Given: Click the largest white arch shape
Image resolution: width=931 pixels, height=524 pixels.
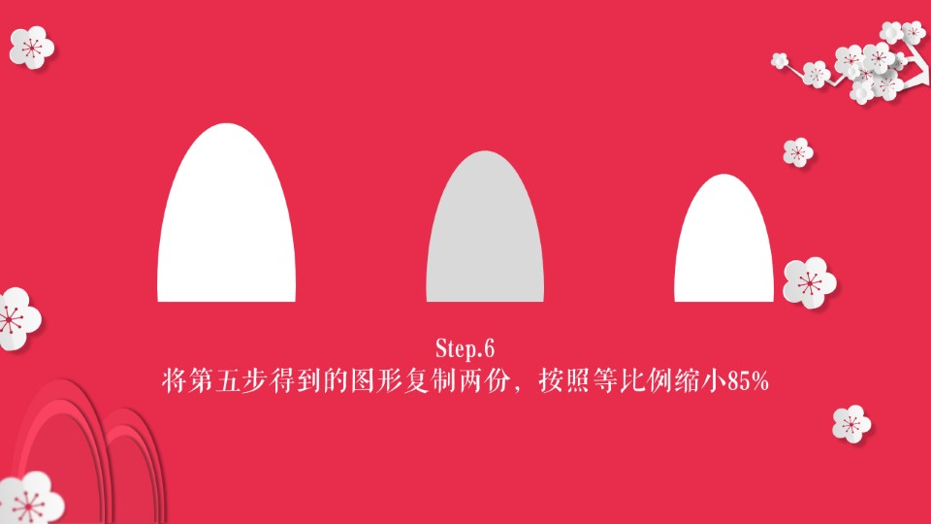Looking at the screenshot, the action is coord(226,213).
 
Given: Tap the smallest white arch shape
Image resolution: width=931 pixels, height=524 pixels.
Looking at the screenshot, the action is coord(723,239).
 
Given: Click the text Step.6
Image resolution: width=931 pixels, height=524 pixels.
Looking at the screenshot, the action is coord(465,348).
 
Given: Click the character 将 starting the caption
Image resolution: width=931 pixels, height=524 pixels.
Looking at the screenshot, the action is coord(175,380).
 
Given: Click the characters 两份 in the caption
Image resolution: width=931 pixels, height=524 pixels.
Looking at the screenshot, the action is coord(483,380).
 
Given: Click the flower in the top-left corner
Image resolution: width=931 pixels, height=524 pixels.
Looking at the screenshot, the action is coord(31,47).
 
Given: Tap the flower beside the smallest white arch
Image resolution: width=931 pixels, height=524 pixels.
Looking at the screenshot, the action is coord(809,282).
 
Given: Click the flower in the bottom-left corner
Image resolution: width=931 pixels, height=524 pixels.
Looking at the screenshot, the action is coord(30,499).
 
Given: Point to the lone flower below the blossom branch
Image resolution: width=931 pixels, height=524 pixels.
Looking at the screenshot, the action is coord(798,152).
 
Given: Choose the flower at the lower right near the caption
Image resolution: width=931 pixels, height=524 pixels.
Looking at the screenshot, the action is coord(851,424).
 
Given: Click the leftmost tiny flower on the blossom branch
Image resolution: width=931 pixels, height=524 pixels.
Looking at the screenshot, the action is coord(779,60).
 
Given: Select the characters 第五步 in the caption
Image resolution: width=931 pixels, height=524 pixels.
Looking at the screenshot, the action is coord(227,380).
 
